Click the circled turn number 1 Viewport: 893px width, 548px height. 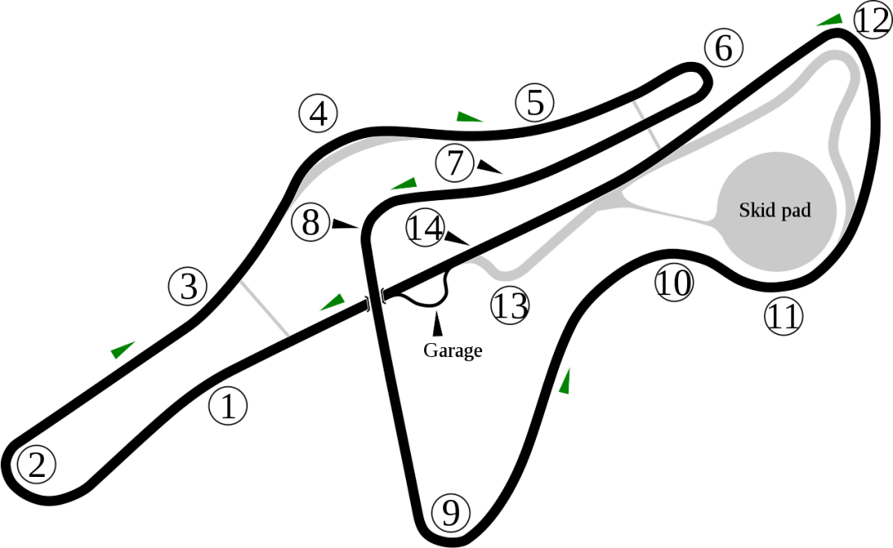tap(228, 407)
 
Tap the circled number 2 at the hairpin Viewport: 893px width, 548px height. tap(36, 465)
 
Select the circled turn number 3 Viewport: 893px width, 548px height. tap(188, 286)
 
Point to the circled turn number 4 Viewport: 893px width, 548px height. tap(318, 113)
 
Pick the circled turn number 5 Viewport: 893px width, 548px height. tap(535, 103)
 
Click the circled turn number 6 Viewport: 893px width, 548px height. tap(723, 49)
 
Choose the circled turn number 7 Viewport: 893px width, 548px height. tap(455, 164)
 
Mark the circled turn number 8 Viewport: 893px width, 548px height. tap(310, 222)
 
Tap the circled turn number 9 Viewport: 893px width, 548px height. tap(451, 512)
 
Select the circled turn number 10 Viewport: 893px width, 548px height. tap(674, 282)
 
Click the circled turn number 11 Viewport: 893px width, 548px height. tap(783, 316)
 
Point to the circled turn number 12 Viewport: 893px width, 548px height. tap(873, 21)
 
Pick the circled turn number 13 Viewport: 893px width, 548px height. tap(509, 305)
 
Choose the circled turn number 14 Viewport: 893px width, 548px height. tap(426, 228)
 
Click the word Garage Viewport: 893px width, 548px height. tap(453, 350)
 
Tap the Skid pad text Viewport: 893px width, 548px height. tap(775, 210)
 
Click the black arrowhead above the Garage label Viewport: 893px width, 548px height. tap(437, 324)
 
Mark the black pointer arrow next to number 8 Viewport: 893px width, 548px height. tap(345, 224)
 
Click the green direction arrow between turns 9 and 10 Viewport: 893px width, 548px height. tap(565, 381)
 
